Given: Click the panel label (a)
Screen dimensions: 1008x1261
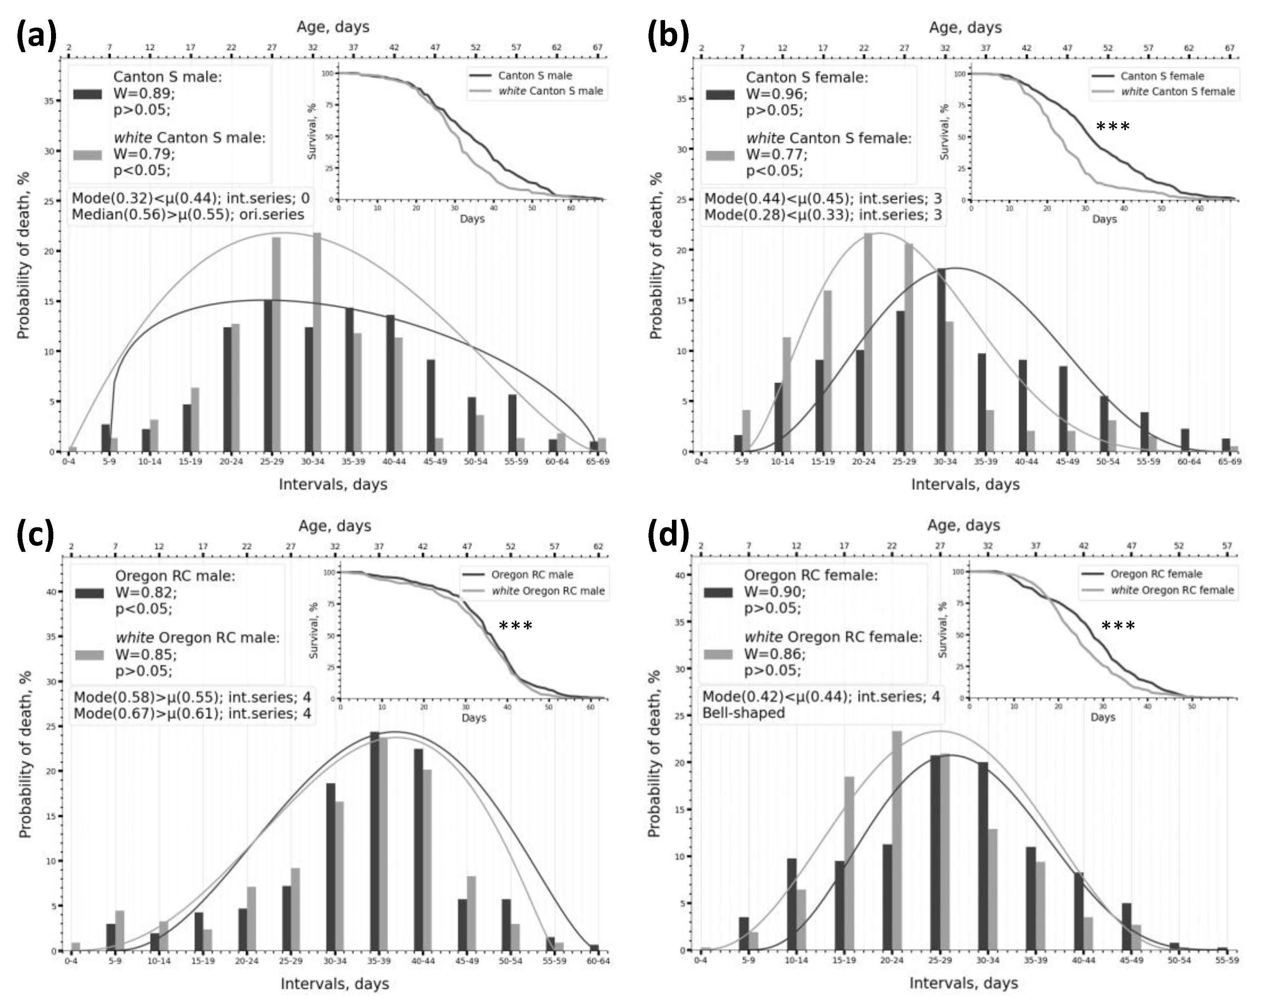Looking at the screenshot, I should [x=36, y=36].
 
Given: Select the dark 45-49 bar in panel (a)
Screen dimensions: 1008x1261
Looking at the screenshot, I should [x=431, y=405].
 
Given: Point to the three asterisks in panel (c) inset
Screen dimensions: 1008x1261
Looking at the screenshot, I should [x=515, y=627].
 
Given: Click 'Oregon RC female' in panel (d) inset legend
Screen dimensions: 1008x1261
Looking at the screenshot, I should [x=1156, y=574].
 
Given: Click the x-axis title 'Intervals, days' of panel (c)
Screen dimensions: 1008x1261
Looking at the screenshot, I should [x=334, y=983].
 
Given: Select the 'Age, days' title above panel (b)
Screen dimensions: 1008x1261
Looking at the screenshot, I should [x=965, y=28].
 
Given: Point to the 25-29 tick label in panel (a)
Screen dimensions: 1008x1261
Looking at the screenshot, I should [x=272, y=461].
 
